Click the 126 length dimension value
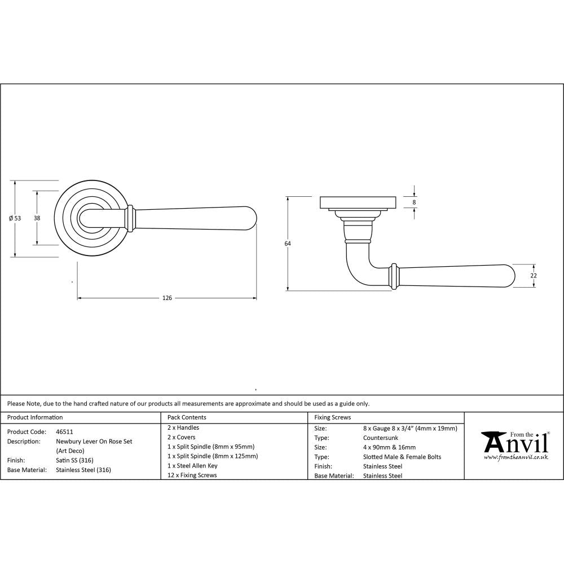(x=167, y=298)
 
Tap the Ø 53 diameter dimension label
(x=15, y=218)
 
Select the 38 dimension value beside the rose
(x=37, y=218)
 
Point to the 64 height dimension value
(x=288, y=244)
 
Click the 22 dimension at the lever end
(x=534, y=275)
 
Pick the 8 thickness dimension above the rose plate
(x=415, y=202)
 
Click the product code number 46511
(x=65, y=431)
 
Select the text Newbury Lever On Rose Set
(x=94, y=441)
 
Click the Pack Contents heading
(x=187, y=417)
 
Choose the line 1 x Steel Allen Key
(x=192, y=466)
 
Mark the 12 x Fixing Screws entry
(x=192, y=475)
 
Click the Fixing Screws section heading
(x=332, y=417)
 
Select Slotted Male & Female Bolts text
(x=402, y=457)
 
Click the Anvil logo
(x=514, y=443)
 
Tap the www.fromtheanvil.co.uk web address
(x=515, y=457)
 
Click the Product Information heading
(x=34, y=417)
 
